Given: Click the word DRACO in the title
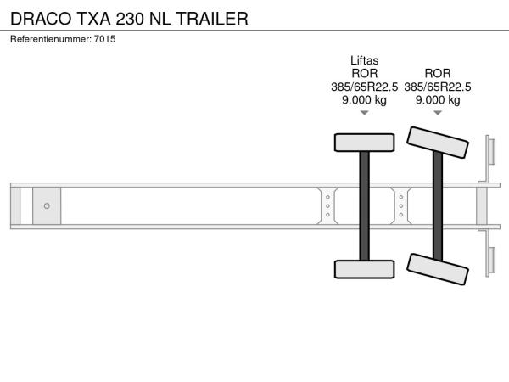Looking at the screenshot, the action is (41, 19).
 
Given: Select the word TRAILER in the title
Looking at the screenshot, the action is (213, 19).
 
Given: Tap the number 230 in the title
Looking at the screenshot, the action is (130, 19).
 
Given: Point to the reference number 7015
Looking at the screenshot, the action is (105, 39).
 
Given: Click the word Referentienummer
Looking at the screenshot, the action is (51, 39).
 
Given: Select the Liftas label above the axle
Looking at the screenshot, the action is (364, 60).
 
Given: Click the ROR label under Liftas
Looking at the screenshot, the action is (364, 73).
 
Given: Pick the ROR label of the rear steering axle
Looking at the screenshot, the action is (438, 73).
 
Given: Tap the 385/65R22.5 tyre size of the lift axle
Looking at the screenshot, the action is (364, 87).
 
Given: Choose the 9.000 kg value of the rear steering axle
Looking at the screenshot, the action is (438, 99).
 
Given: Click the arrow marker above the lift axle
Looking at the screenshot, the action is (364, 113).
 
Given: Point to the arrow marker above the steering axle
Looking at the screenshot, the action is (438, 113).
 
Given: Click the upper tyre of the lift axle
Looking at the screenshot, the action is (364, 143).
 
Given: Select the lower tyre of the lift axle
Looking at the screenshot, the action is (364, 269).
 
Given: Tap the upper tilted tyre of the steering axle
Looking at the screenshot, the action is (438, 143).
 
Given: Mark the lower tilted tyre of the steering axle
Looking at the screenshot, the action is (438, 269).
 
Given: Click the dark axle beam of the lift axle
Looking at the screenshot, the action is (364, 206).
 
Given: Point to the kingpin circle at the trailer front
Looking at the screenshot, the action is (47, 206).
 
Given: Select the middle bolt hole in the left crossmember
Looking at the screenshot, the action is (327, 206).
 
